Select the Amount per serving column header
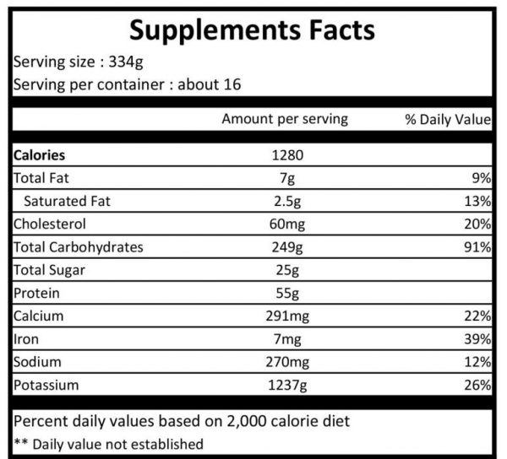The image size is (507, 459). coord(285,119)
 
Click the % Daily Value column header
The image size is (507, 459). coord(448,120)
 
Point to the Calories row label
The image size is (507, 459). coord(40,155)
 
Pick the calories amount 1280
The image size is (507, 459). coord(287,155)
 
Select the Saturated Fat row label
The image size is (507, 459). coord(67,201)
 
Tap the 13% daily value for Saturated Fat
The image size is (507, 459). coord(477,202)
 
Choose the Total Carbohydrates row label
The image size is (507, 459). coord(79,247)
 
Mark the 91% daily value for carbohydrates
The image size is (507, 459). coord(477,247)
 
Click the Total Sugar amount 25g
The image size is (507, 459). coord(287,271)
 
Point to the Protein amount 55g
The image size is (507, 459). coord(287,294)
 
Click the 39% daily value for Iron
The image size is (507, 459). coord(477,339)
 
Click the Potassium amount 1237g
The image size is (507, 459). coord(287,386)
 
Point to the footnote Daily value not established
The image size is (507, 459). coord(116,444)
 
